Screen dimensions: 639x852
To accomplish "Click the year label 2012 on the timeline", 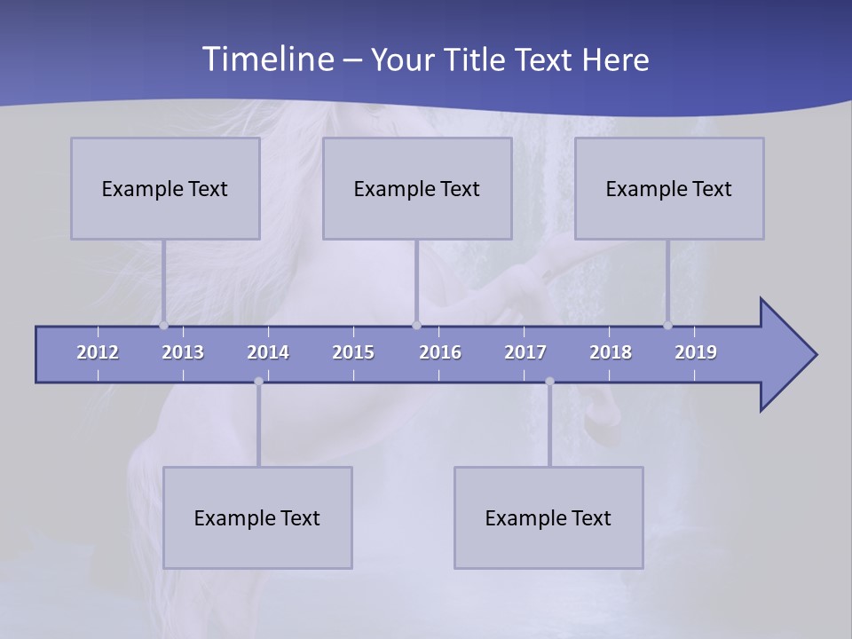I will (x=98, y=352).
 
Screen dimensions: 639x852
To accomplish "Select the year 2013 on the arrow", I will (x=183, y=352).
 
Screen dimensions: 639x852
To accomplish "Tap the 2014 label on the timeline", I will (x=268, y=352).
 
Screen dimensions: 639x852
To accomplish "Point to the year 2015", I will (x=353, y=352).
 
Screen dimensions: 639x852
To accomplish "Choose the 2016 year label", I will (x=440, y=352).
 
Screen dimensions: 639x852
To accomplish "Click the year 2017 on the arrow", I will (x=525, y=352).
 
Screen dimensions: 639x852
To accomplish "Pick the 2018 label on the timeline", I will (x=611, y=352).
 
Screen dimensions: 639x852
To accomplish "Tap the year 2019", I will (x=696, y=352).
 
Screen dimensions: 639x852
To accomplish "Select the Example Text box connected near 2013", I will (x=165, y=188).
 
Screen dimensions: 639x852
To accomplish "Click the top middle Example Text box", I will (x=417, y=188).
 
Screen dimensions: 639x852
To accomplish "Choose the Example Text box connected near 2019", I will (x=669, y=188).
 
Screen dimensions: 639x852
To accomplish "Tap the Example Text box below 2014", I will (x=257, y=517).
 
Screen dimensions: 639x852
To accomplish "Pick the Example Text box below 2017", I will (x=548, y=517).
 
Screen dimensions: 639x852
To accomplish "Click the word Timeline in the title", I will (x=266, y=59).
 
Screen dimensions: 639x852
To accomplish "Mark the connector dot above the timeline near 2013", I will (x=163, y=325).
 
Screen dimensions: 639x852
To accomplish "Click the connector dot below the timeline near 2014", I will (x=258, y=382).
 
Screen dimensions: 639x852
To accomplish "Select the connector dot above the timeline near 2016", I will (x=416, y=325).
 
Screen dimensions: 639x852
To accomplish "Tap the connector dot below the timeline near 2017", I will (x=549, y=382).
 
